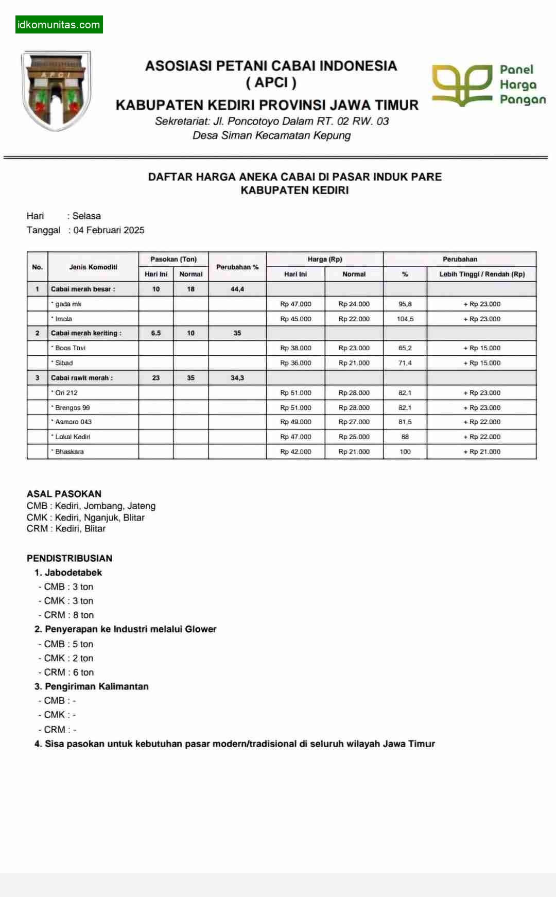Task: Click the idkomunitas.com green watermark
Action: pyautogui.click(x=59, y=25)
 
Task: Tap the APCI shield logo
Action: pyautogui.click(x=56, y=90)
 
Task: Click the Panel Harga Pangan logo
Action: pyautogui.click(x=488, y=85)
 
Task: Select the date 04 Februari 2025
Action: pyautogui.click(x=109, y=230)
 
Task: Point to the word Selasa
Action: pyautogui.click(x=86, y=216)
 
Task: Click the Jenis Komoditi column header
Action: pyautogui.click(x=93, y=267)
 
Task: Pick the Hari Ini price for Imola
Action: pyautogui.click(x=296, y=319)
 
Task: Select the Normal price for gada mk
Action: pyautogui.click(x=354, y=304)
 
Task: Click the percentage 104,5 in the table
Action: pyautogui.click(x=405, y=319)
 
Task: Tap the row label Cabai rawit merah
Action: pyautogui.click(x=82, y=378)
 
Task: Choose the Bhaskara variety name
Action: pyautogui.click(x=69, y=452)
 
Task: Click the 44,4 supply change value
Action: pyautogui.click(x=237, y=289)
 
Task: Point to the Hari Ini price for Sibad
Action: pyautogui.click(x=296, y=363)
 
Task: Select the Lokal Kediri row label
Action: pyautogui.click(x=73, y=437)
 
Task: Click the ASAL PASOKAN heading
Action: pyautogui.click(x=64, y=494)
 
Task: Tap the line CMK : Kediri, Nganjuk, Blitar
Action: pyautogui.click(x=85, y=517)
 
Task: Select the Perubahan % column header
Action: pyautogui.click(x=237, y=267)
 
